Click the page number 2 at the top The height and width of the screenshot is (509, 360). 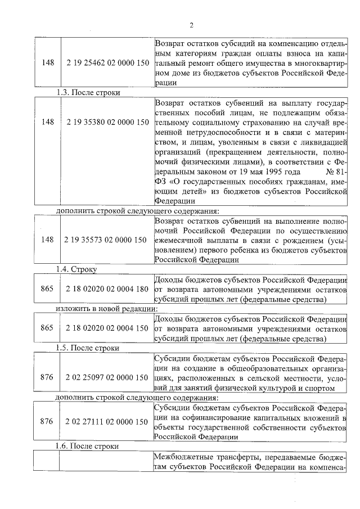[191, 25]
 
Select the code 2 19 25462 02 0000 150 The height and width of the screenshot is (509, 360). [107, 62]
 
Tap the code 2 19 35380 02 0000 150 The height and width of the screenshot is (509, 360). [107, 122]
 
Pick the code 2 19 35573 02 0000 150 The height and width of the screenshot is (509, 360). [107, 240]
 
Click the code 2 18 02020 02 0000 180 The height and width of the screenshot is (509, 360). [107, 289]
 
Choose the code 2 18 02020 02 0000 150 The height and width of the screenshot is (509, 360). [107, 328]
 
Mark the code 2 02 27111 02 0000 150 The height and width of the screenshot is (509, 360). [107, 421]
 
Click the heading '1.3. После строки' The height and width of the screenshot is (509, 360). [88, 92]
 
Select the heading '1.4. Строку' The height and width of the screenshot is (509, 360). [76, 269]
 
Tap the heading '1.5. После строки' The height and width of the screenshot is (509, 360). [88, 348]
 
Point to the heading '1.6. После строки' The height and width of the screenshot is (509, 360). [88, 446]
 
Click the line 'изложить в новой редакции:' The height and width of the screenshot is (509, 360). [106, 309]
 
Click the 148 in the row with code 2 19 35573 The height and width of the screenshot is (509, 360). [48, 240]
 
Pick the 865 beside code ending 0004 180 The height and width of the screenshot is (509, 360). [48, 289]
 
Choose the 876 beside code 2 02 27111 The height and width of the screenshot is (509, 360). [48, 421]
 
